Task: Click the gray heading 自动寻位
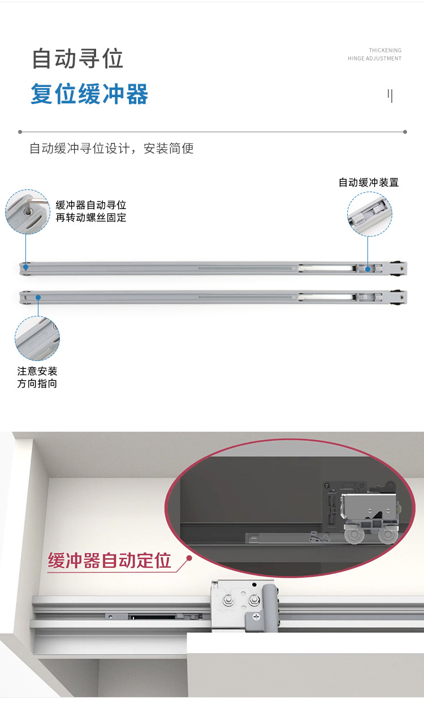click(77, 59)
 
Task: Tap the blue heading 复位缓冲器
click(89, 94)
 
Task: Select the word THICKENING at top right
click(385, 50)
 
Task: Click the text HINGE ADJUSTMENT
click(374, 58)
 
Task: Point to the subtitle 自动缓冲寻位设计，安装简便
click(111, 149)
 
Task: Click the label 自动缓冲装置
click(369, 182)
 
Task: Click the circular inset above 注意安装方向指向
click(37, 338)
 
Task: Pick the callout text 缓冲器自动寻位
click(90, 205)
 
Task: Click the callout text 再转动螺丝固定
click(90, 218)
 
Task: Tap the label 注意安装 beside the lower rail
click(37, 371)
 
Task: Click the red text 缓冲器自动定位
click(110, 561)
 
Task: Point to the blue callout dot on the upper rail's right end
click(367, 269)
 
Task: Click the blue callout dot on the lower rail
click(38, 297)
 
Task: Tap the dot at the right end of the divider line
click(405, 132)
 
